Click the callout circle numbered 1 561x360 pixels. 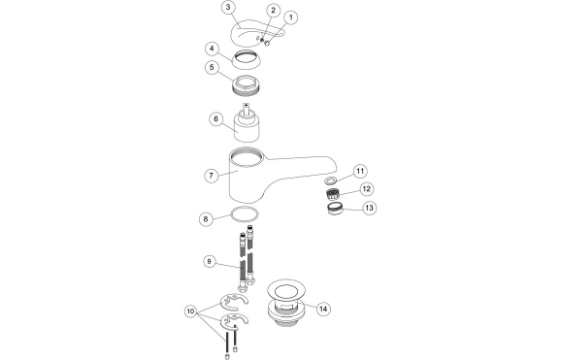[290, 17]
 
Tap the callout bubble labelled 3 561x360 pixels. [228, 8]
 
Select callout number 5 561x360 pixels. [212, 67]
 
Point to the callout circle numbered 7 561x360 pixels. [211, 176]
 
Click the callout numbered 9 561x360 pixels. [210, 262]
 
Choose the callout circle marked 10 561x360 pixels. [190, 311]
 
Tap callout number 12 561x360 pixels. [366, 188]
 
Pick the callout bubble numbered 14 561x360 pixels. [323, 309]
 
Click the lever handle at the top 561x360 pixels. [256, 33]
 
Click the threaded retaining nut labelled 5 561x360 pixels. [247, 86]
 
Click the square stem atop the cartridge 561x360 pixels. [247, 109]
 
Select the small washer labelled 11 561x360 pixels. [331, 180]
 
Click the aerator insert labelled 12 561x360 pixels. [332, 194]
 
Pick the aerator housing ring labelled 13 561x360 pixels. [335, 209]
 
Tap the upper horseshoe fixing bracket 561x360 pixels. [233, 302]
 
